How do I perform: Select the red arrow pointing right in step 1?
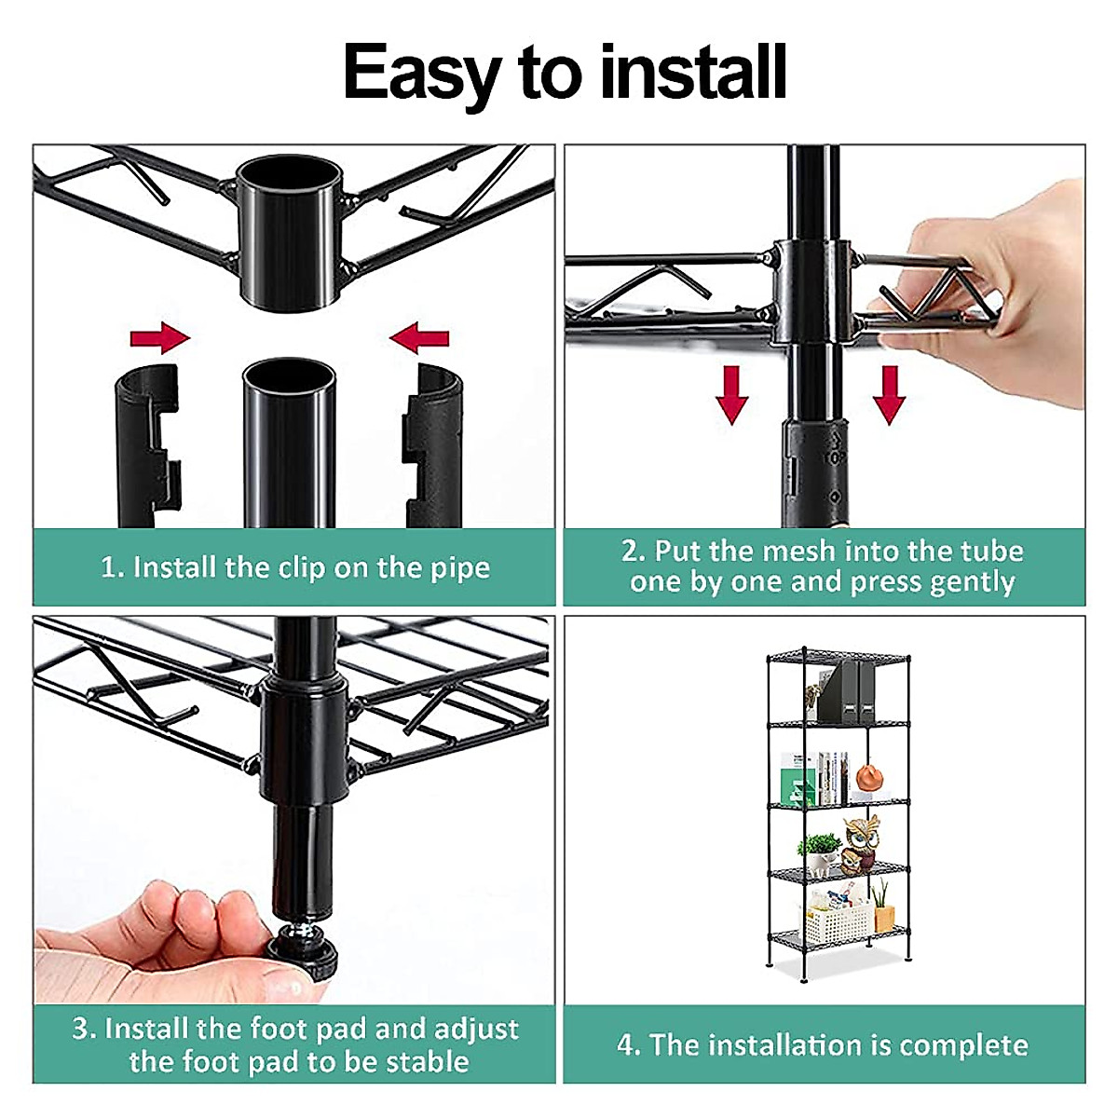[159, 337]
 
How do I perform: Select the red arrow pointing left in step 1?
[419, 337]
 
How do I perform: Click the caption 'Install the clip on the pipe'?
[295, 567]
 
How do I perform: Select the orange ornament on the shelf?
[868, 776]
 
